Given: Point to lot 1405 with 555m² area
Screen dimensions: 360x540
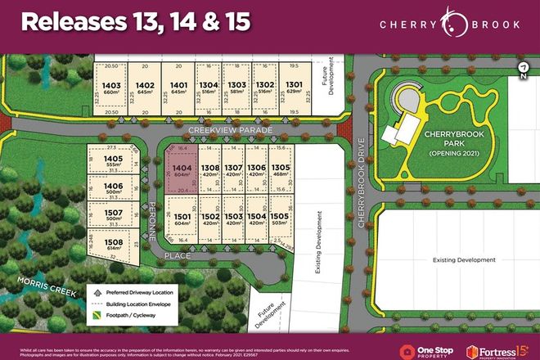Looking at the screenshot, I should pos(114,162).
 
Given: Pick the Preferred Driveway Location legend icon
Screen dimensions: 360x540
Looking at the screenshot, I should pos(98,290).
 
